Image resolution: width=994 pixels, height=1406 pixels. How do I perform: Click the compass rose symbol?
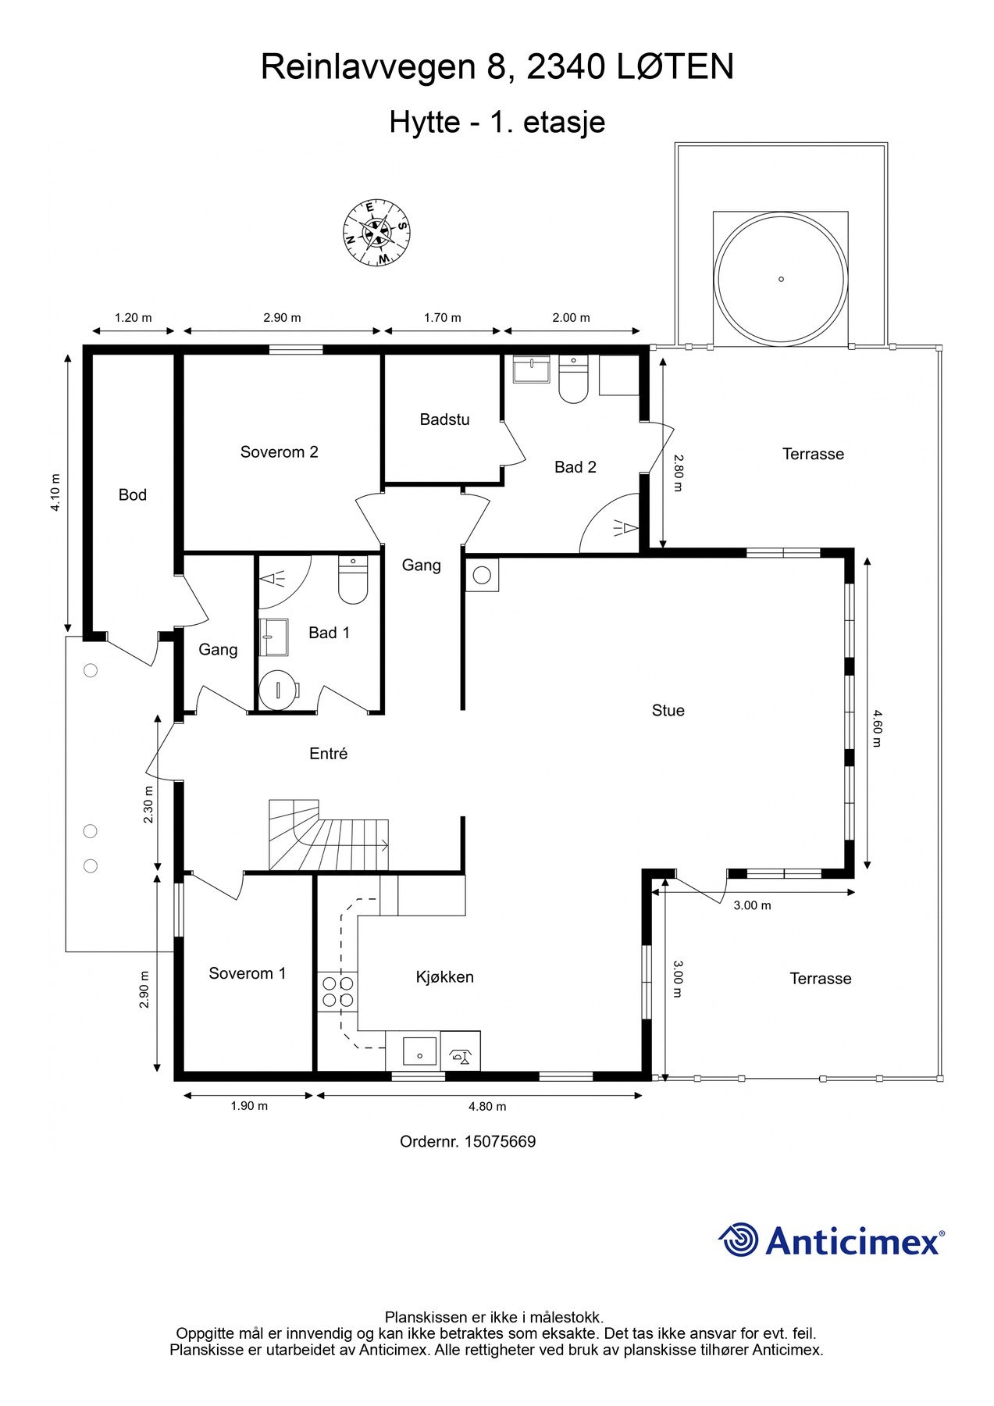coord(377,232)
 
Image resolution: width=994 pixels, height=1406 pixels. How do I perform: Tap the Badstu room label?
coord(444,419)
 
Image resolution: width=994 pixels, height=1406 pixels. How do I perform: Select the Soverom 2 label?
coord(279,452)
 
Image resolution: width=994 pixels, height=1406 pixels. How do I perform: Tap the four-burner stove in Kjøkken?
coord(337,991)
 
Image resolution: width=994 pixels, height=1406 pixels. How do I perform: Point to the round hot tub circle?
coord(781,279)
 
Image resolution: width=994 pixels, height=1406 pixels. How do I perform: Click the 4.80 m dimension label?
coord(487,1106)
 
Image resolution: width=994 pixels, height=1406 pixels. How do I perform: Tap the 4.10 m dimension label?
coord(55,493)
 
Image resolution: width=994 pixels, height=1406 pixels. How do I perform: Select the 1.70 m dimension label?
coord(442,318)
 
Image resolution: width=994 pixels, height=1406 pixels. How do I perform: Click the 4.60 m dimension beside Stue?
coord(876,728)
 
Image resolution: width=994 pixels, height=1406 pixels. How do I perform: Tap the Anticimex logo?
coord(831,1240)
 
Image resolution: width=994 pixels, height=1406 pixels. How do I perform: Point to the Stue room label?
coord(668,710)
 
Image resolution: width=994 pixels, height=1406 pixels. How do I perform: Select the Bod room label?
coord(132,494)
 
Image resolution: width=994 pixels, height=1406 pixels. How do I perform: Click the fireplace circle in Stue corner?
coord(482,576)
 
